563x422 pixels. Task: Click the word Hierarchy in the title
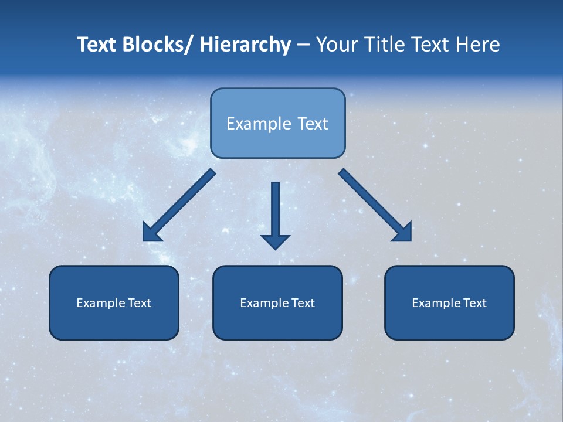(x=245, y=45)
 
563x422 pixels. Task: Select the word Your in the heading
(x=335, y=45)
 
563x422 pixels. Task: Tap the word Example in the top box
(x=258, y=124)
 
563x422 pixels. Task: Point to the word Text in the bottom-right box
(x=474, y=303)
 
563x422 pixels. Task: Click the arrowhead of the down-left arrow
(x=151, y=233)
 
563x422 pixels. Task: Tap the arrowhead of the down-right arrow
(x=403, y=233)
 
